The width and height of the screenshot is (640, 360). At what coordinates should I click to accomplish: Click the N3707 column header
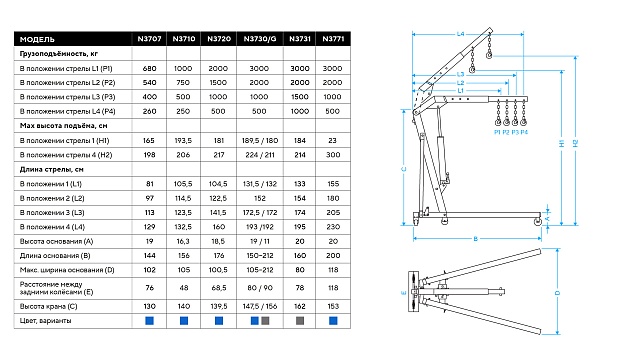point(149,39)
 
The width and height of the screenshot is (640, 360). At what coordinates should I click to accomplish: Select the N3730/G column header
point(260,39)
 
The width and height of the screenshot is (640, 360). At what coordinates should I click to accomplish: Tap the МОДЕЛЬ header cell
point(37,39)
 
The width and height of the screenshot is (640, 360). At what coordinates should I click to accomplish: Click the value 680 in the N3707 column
point(149,69)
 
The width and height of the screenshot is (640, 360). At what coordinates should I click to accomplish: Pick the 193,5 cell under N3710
point(183,140)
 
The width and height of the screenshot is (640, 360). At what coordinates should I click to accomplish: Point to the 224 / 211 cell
point(260,155)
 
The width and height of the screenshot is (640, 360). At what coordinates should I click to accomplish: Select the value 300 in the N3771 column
point(333,155)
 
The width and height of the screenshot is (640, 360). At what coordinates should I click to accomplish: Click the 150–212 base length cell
point(260,256)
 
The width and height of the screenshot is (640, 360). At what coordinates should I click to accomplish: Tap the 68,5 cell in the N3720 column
point(219,288)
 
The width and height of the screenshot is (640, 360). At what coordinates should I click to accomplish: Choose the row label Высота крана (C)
point(49,306)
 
